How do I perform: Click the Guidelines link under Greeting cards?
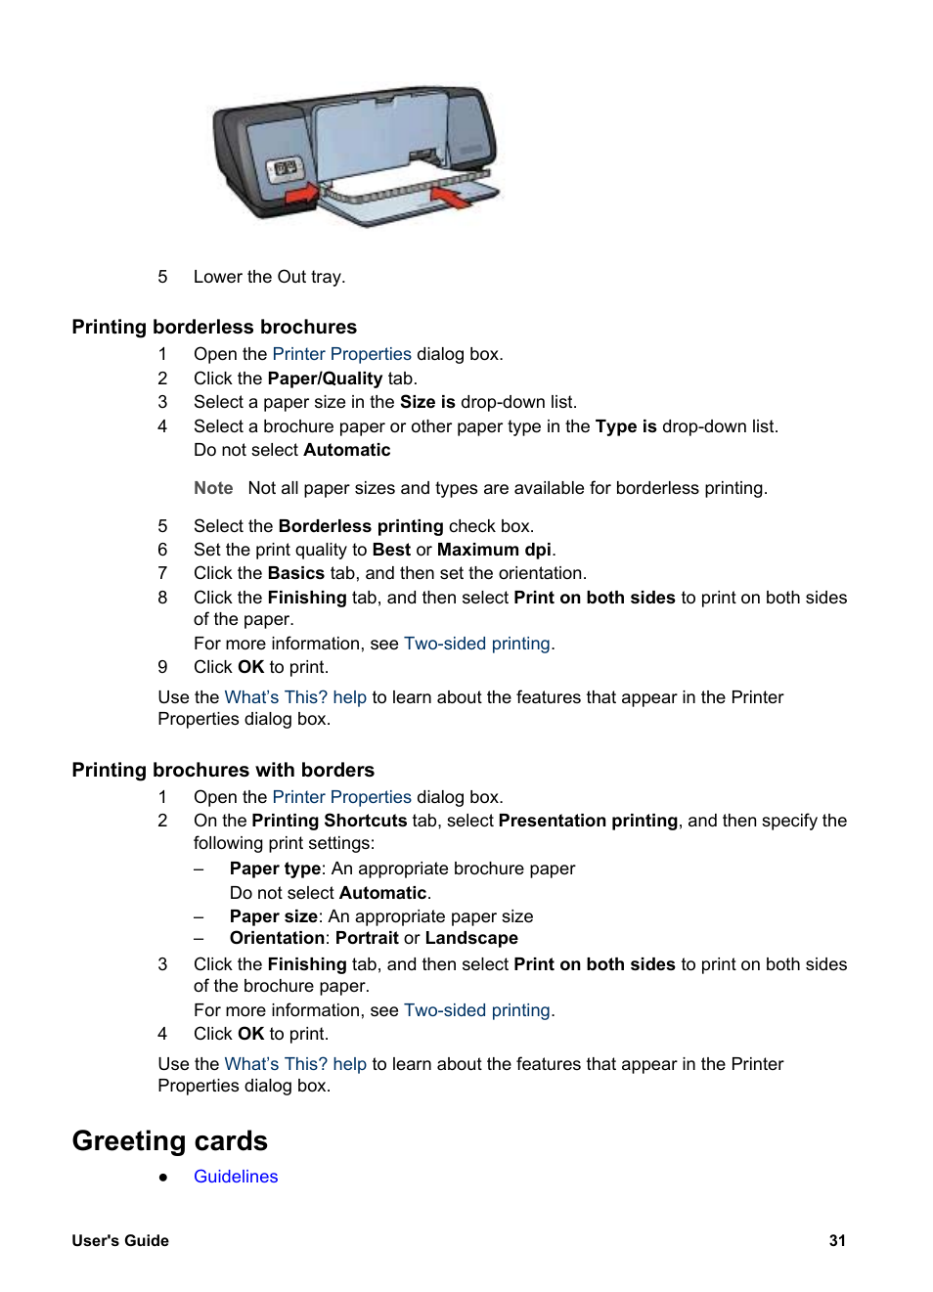coord(236,1177)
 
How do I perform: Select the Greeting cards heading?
coord(170,1141)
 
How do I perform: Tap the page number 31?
coord(837,1240)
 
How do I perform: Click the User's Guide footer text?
coord(120,1240)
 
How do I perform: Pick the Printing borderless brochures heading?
coord(214,327)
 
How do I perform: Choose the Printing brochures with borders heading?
coord(223,770)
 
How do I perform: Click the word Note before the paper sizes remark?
coord(213,488)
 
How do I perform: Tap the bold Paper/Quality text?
coord(325,379)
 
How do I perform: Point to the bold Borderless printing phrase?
coord(361,526)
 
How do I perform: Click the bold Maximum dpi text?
coord(494,550)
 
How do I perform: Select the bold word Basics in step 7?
coord(296,573)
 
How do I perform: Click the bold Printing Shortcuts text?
coord(329,821)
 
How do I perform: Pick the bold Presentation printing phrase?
coord(588,821)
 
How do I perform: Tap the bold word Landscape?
coord(471,938)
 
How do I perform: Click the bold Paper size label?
coord(274,916)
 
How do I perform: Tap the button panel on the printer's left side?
coord(285,169)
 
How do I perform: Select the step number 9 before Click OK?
coord(162,667)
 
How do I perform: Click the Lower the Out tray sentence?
coord(269,277)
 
